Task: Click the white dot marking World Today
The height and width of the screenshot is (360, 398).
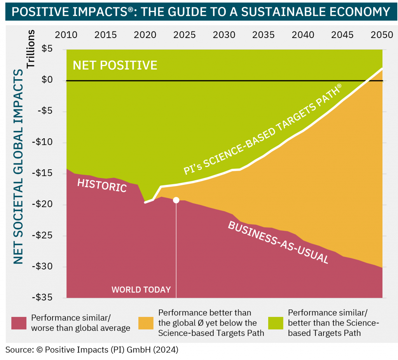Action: (176, 200)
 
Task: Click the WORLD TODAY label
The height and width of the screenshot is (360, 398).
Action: (141, 290)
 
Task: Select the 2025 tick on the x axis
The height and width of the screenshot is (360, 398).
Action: (185, 35)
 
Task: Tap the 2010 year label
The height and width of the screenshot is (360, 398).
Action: (66, 35)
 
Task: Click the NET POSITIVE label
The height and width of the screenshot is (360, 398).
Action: (115, 65)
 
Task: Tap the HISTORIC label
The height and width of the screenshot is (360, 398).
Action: (102, 185)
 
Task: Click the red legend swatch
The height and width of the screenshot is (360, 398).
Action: (19, 323)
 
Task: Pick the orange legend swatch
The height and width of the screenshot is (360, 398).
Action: (147, 323)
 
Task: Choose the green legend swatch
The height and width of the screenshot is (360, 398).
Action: (276, 323)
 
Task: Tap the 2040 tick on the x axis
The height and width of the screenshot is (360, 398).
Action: (303, 35)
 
